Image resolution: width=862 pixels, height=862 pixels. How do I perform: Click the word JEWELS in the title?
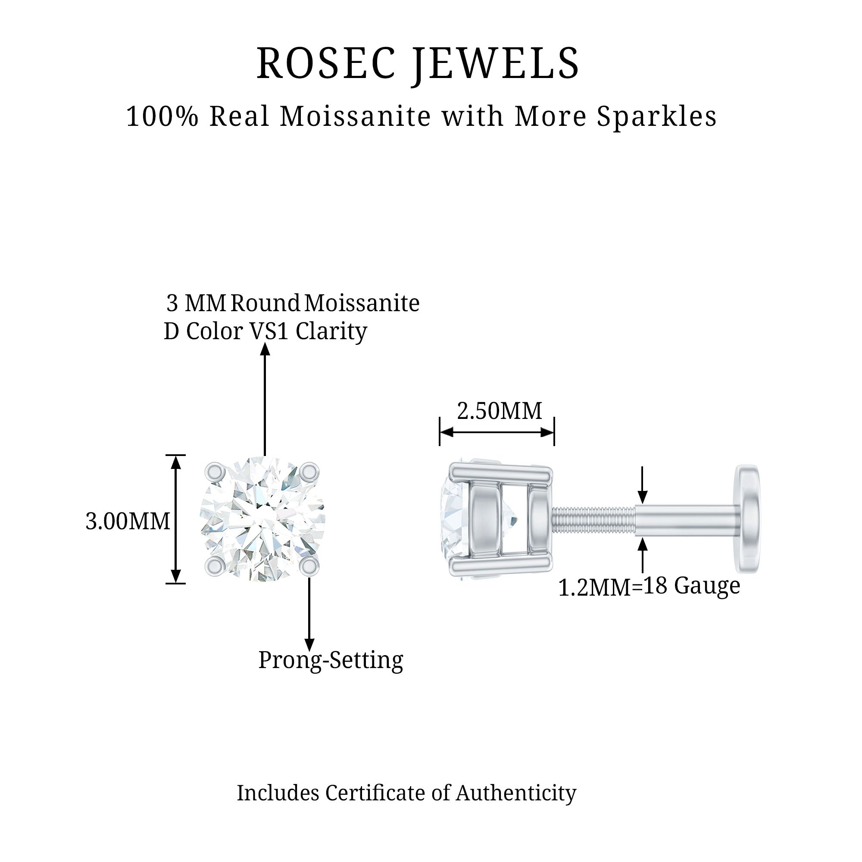tap(496, 63)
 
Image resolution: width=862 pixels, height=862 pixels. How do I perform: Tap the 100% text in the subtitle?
tap(162, 117)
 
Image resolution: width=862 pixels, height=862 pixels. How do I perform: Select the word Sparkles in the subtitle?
tap(656, 117)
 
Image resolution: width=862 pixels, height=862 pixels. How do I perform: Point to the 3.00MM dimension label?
tap(128, 521)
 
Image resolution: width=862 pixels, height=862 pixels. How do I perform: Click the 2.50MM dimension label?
tap(499, 411)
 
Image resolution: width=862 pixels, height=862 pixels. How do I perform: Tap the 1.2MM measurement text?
tap(594, 588)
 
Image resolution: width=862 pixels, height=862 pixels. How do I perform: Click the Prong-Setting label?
tap(331, 660)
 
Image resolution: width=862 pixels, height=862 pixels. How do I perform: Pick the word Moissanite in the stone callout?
tap(362, 303)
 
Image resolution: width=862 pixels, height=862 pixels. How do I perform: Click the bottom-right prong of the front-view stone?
tap(309, 566)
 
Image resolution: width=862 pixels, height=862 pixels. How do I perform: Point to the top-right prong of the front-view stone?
tap(309, 471)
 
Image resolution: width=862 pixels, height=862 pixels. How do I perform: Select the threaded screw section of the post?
tap(593, 519)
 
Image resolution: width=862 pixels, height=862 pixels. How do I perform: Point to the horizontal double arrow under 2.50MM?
tap(497, 432)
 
